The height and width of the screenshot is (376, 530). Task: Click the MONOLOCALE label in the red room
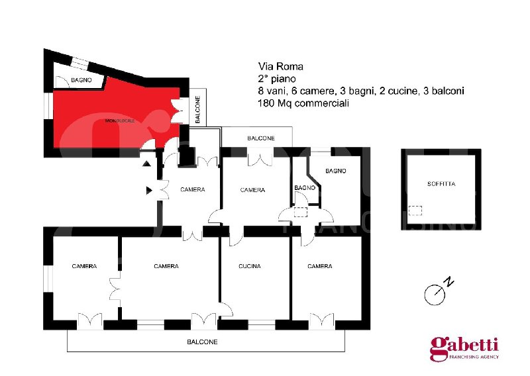[x=120, y=120]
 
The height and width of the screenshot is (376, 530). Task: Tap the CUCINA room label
[x=250, y=266]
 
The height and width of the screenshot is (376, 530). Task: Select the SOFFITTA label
[x=441, y=184]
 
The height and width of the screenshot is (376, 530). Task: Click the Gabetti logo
[x=464, y=346]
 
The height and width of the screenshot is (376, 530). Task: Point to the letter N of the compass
[x=449, y=281]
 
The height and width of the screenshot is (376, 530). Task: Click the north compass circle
[x=435, y=295]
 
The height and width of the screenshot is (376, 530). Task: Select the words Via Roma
[x=280, y=66]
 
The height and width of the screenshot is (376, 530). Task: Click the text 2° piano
[x=277, y=79]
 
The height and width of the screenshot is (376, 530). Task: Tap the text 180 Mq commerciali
[x=303, y=103]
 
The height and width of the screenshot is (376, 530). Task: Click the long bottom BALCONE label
[x=202, y=342]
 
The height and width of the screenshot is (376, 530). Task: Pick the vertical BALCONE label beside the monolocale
[x=197, y=109]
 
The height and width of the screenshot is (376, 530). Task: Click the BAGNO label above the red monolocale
[x=81, y=80]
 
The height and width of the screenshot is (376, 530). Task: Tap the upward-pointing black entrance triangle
[x=146, y=164]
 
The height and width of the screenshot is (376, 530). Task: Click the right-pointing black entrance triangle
[x=149, y=191]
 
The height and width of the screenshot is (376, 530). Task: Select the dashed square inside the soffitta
[x=415, y=211]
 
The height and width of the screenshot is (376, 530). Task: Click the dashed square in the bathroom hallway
[x=301, y=212]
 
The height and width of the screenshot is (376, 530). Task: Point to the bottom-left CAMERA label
[x=84, y=266]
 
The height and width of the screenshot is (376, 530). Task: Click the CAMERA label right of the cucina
[x=320, y=266]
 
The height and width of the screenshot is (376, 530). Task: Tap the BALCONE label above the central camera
[x=261, y=138]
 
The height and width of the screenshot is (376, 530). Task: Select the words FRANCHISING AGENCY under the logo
[x=474, y=357]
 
